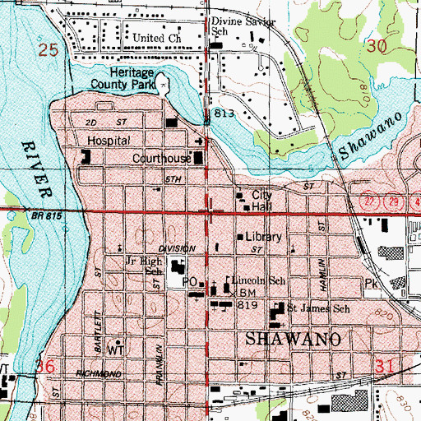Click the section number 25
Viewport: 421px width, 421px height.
(x=49, y=50)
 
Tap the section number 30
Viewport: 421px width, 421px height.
(x=377, y=47)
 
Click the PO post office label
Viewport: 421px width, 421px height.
(x=188, y=282)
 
